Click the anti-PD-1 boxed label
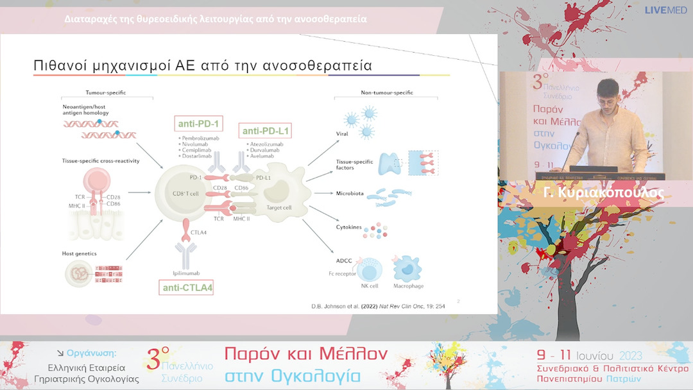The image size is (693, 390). (x=198, y=124)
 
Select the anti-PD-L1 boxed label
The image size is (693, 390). (x=266, y=131)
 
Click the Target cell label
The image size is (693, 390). (x=279, y=208)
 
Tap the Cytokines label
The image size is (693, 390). (x=350, y=226)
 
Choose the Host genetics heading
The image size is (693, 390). (x=79, y=253)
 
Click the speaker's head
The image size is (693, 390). (x=608, y=94)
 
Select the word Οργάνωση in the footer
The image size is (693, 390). (x=90, y=353)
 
